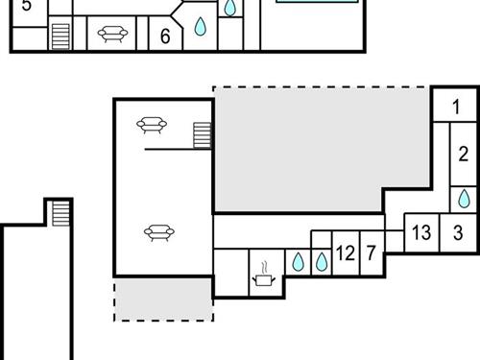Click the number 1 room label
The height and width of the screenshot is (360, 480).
pyautogui.click(x=456, y=107)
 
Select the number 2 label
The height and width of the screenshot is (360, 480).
pyautogui.click(x=463, y=154)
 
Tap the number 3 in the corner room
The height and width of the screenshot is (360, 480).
pyautogui.click(x=458, y=232)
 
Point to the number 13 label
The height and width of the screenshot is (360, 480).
pyautogui.click(x=420, y=232)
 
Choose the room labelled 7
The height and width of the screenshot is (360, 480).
pyautogui.click(x=371, y=254)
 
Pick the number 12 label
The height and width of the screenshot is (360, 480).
pyautogui.click(x=346, y=254)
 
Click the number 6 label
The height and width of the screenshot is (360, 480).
pyautogui.click(x=165, y=37)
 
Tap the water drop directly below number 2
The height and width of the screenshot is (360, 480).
pyautogui.click(x=463, y=198)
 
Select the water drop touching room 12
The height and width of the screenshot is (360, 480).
pyautogui.click(x=322, y=259)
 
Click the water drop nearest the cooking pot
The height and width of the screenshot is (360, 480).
pyautogui.click(x=298, y=259)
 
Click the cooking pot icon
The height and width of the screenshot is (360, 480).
pyautogui.click(x=262, y=279)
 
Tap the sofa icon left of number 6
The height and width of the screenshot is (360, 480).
pyautogui.click(x=111, y=36)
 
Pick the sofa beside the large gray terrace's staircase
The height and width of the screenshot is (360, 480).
pyautogui.click(x=153, y=124)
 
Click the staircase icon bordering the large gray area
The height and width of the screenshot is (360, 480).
pyautogui.click(x=202, y=134)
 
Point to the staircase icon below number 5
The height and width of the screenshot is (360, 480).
pyautogui.click(x=60, y=36)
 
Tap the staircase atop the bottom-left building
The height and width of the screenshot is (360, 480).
pyautogui.click(x=60, y=212)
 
